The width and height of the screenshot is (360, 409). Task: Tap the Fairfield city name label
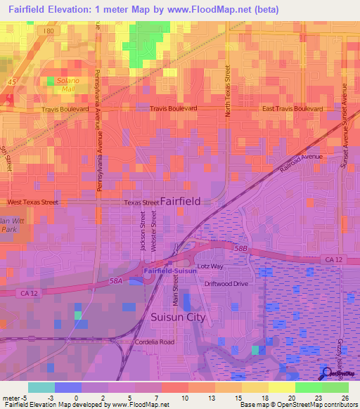(180, 201)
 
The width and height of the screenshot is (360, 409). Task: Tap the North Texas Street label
(228, 91)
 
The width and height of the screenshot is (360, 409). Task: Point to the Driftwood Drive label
(226, 283)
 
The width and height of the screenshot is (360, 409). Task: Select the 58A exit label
(115, 280)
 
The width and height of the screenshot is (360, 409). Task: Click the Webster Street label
(154, 232)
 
